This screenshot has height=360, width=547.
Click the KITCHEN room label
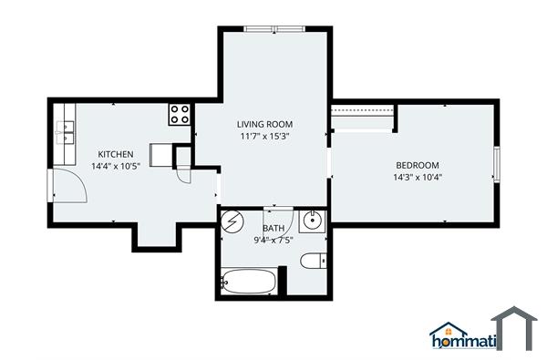coord(117,154)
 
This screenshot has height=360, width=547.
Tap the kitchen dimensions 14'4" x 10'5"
coord(117,166)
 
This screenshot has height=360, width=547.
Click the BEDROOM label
coord(418,164)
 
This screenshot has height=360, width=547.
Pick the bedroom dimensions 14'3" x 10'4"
coord(418,177)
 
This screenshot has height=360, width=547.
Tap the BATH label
coord(273,229)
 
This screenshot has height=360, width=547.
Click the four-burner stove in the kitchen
coord(180,114)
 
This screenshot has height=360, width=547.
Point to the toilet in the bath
coord(312,262)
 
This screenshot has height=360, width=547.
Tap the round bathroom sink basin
coord(313,221)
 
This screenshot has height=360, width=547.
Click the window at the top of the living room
coord(273,29)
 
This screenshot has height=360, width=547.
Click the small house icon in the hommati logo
coord(449,329)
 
